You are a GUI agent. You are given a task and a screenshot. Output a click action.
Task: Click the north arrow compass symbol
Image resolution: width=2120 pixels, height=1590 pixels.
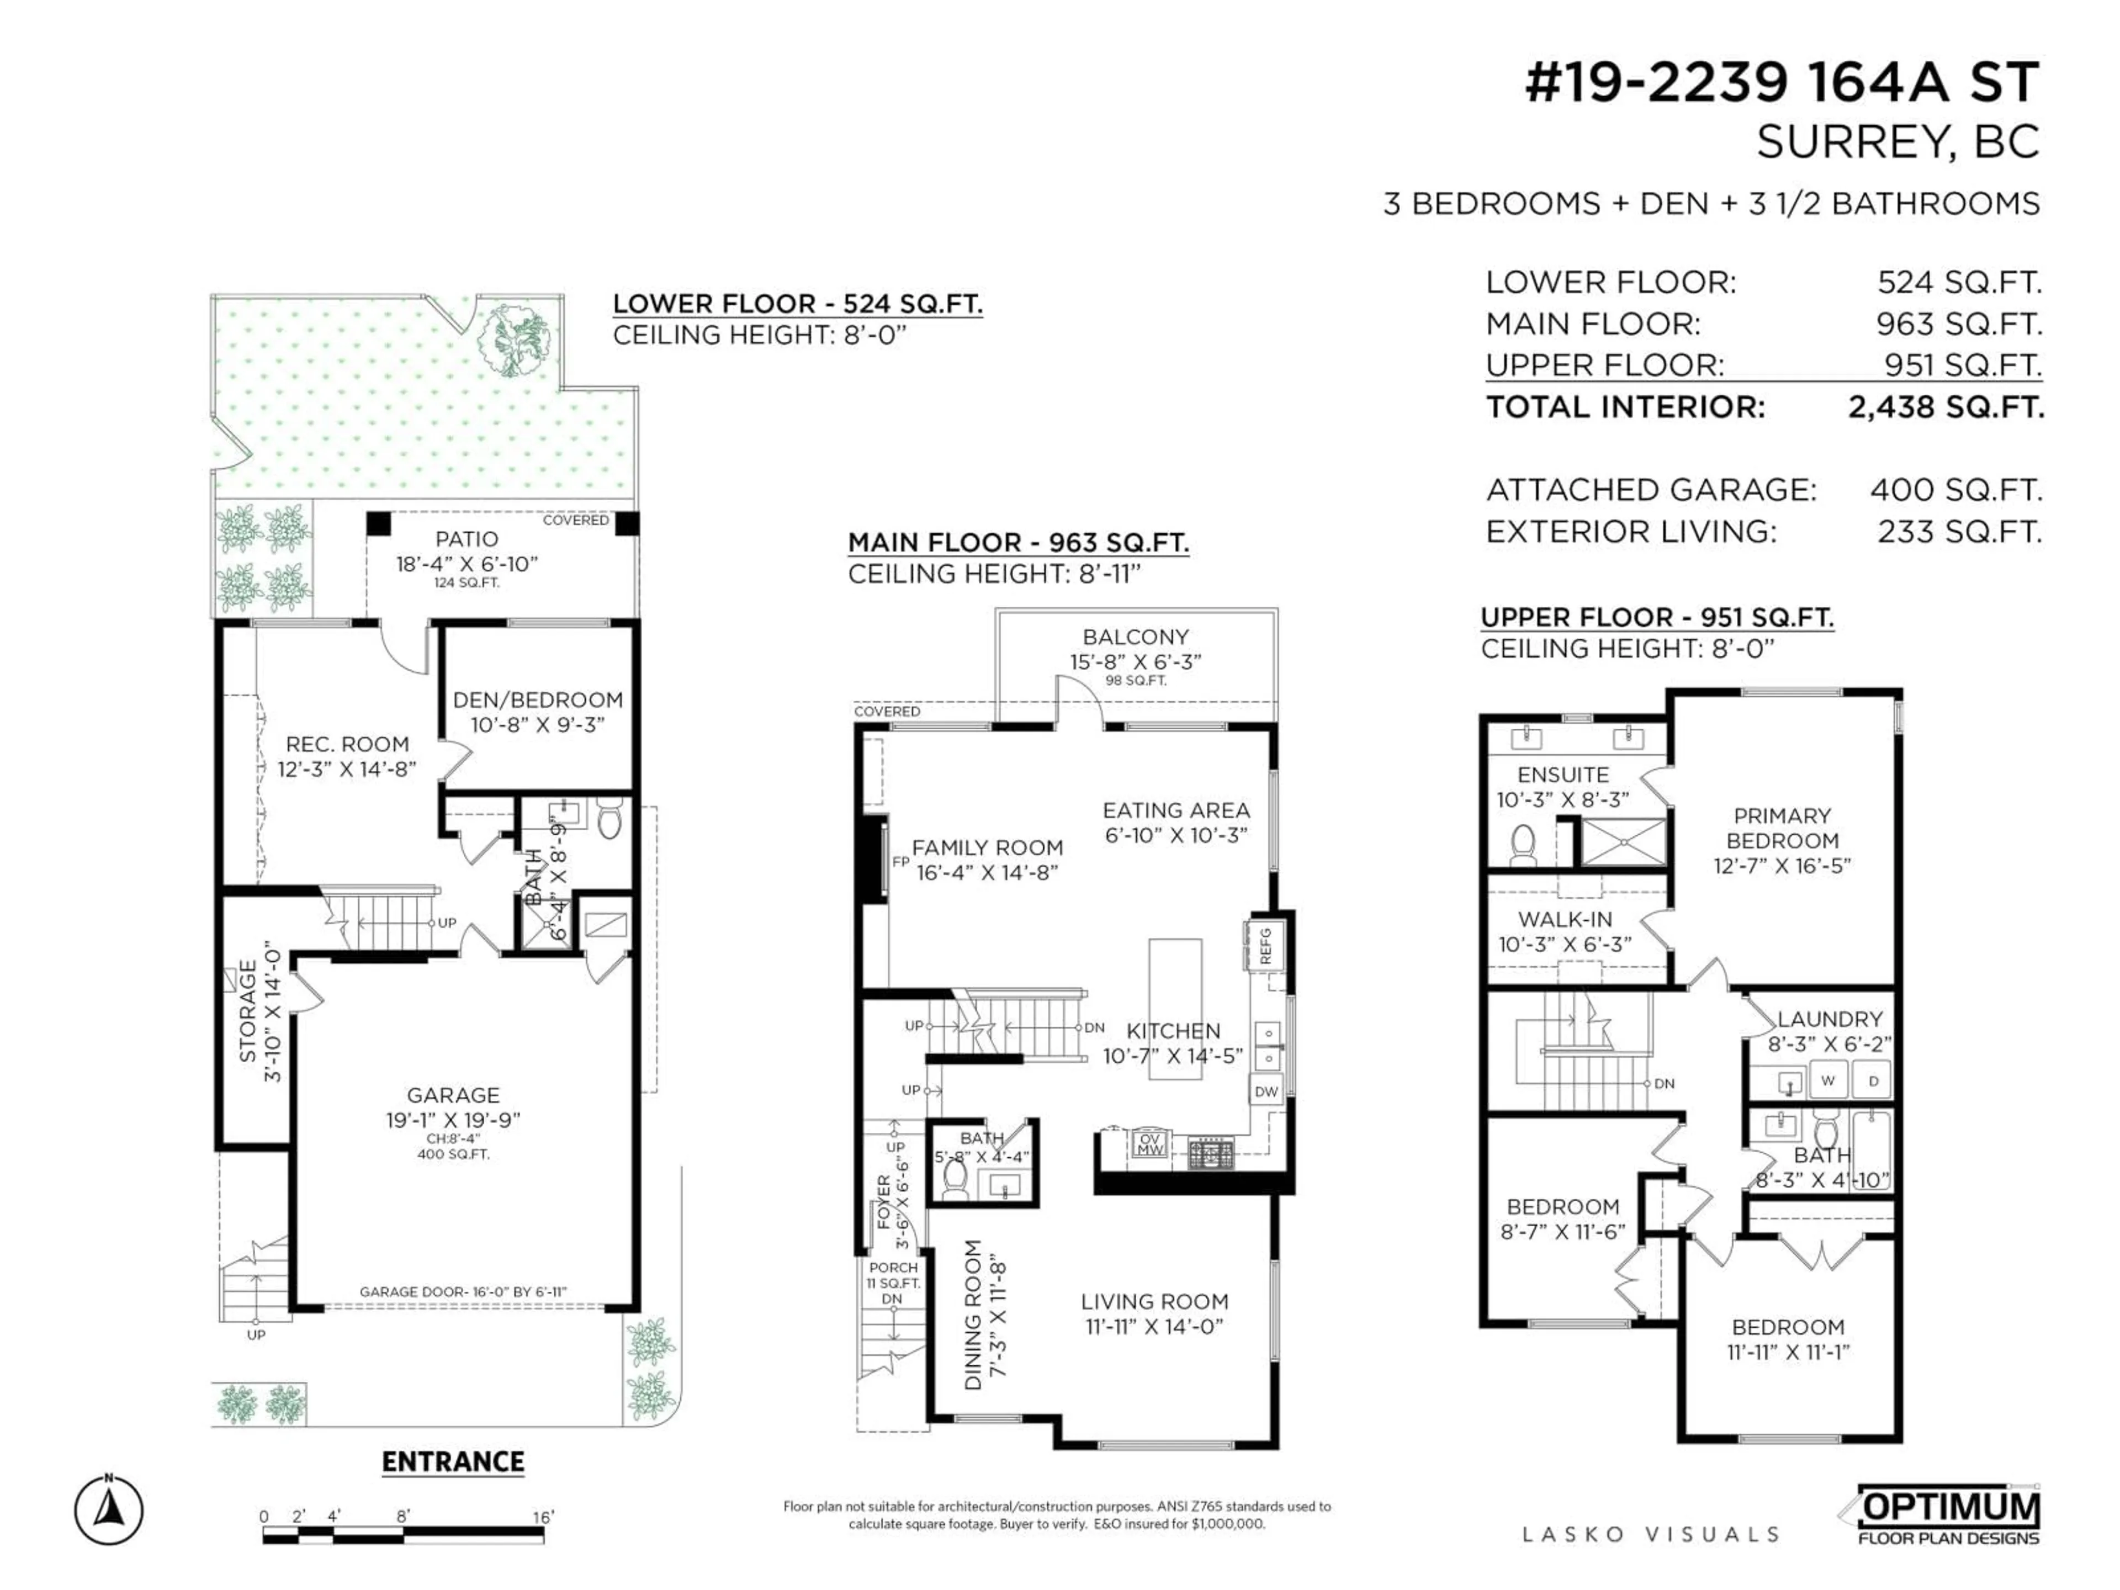tap(109, 1512)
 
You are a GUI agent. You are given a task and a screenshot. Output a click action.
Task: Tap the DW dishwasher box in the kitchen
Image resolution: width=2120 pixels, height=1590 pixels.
tap(1266, 1091)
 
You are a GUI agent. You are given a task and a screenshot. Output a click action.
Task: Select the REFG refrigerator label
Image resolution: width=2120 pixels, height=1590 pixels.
tap(1265, 946)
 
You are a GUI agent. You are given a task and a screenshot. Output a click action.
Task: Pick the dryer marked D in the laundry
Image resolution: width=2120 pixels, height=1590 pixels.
tap(1873, 1080)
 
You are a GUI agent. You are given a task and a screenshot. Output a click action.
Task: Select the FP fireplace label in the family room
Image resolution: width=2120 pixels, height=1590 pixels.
tap(900, 862)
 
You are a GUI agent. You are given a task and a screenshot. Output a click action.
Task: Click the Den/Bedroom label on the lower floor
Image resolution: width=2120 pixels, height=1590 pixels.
tap(538, 699)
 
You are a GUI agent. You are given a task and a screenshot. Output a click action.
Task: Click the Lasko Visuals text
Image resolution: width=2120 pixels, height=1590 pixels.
tap(1650, 1534)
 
